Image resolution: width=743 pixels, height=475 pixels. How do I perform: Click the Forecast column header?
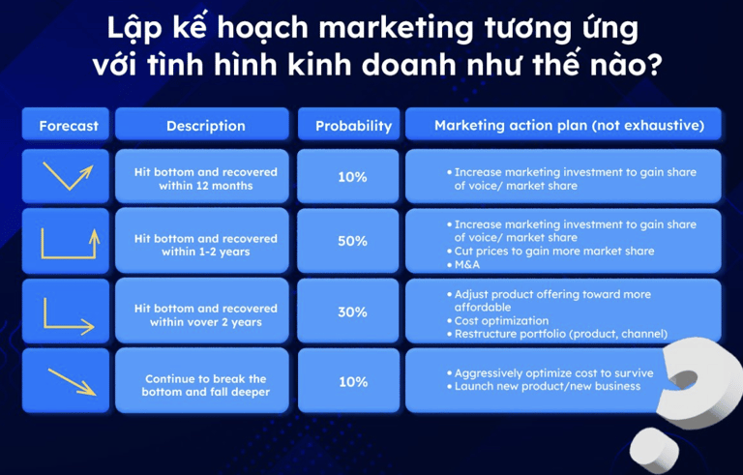click(x=69, y=126)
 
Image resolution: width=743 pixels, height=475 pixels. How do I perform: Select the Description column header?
click(x=206, y=126)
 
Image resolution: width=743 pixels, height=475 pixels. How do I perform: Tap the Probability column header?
click(x=353, y=126)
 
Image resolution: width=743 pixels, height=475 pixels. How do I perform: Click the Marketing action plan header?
click(x=569, y=125)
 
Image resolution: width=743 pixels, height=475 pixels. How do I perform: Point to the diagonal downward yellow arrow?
click(x=72, y=381)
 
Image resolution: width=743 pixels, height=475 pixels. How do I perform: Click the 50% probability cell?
click(x=352, y=241)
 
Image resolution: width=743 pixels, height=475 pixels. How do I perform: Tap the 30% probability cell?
click(x=352, y=312)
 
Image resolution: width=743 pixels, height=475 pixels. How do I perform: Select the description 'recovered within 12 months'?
click(x=206, y=179)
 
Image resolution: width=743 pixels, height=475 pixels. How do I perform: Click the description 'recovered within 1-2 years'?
click(x=206, y=245)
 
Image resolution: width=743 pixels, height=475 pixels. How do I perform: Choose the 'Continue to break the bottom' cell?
click(x=206, y=385)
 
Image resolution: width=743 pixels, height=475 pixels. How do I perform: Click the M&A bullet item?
click(x=463, y=264)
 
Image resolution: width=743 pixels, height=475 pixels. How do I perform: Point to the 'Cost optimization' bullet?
click(x=497, y=320)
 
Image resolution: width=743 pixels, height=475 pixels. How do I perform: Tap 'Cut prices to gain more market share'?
click(x=550, y=251)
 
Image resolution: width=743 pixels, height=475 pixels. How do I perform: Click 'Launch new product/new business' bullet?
click(x=544, y=386)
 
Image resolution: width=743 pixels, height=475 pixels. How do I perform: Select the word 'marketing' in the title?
click(x=395, y=28)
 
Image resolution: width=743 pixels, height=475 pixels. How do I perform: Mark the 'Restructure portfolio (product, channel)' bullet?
click(x=557, y=334)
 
